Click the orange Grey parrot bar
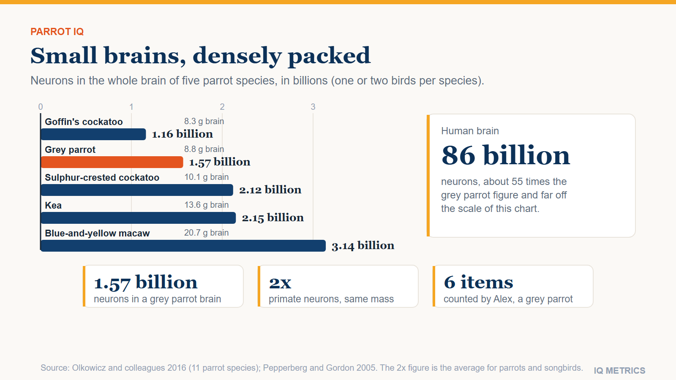(x=112, y=162)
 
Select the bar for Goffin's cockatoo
(x=93, y=134)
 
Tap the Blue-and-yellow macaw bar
(x=183, y=246)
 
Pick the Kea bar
(x=138, y=218)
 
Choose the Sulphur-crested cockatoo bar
(x=137, y=190)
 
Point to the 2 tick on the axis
(x=222, y=107)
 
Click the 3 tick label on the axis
(x=313, y=107)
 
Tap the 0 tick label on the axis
(x=41, y=107)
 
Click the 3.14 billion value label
(x=363, y=246)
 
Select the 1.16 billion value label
(x=182, y=134)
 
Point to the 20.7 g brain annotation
(x=207, y=233)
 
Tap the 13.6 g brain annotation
(x=207, y=205)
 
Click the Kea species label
(x=53, y=205)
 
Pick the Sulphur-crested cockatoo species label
(x=102, y=178)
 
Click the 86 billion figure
(x=506, y=155)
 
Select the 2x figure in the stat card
(x=280, y=282)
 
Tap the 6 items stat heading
(x=478, y=282)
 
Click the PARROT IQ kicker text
(x=57, y=32)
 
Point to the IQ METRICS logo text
(x=619, y=370)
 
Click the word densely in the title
(x=237, y=56)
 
